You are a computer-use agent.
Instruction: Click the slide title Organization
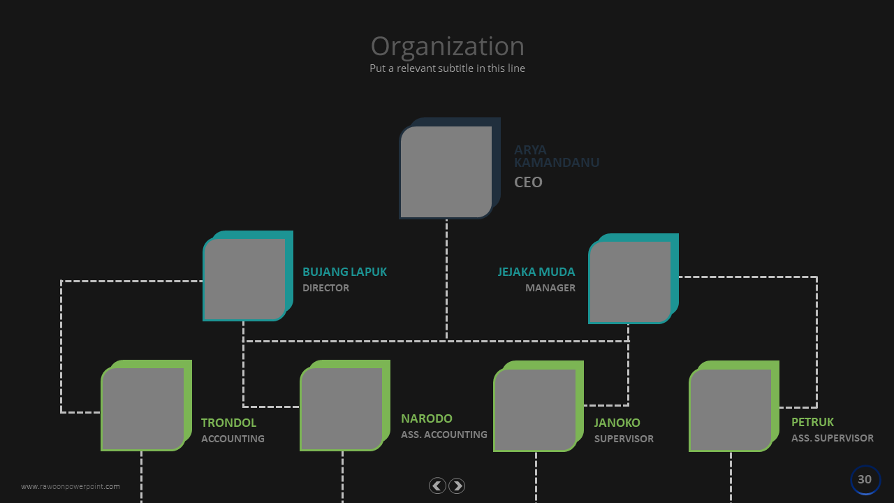[447, 46]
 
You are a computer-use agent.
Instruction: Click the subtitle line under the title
[447, 68]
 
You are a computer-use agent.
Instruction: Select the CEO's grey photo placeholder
[446, 172]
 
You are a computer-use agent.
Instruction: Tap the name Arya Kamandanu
[556, 156]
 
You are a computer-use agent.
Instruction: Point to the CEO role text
[528, 182]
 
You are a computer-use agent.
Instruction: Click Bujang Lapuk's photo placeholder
[244, 279]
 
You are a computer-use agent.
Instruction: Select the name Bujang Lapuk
[344, 272]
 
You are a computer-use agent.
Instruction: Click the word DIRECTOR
[325, 288]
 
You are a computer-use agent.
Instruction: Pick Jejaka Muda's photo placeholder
[629, 282]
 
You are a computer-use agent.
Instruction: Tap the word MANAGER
[550, 288]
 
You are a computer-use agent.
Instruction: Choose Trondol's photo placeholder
[142, 409]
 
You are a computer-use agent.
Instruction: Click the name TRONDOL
[228, 423]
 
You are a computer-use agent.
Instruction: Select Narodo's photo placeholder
[342, 409]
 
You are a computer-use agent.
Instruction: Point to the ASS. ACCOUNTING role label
[444, 435]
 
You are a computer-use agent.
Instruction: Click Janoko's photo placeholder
[535, 409]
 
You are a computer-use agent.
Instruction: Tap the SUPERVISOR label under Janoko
[624, 439]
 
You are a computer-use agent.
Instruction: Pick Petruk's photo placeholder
[731, 410]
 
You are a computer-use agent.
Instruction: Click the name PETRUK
[812, 422]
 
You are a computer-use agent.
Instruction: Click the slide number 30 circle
[865, 480]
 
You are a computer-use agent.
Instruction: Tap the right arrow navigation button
[457, 486]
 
